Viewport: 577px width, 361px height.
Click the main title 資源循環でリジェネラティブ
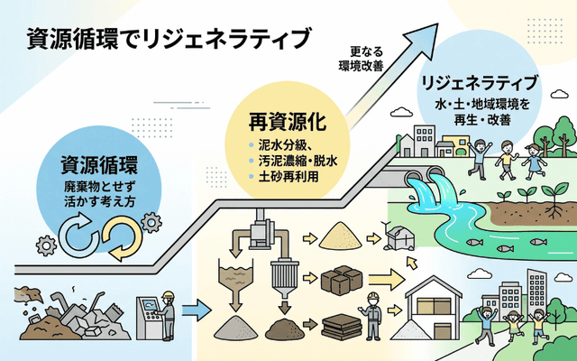(169, 39)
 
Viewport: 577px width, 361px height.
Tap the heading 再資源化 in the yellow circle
(287, 123)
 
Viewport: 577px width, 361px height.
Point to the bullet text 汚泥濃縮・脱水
(298, 161)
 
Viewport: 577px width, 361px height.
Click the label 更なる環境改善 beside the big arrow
(361, 59)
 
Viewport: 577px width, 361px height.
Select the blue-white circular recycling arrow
(78, 236)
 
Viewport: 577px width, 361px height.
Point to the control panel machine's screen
(151, 305)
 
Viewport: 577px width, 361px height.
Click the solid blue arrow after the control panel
(197, 310)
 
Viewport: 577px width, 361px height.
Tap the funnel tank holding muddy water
(236, 276)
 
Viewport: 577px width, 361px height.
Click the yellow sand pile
(341, 236)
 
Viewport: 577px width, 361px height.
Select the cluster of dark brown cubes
(342, 281)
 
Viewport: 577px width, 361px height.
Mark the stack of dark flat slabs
(341, 327)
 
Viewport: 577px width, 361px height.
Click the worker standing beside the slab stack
(372, 316)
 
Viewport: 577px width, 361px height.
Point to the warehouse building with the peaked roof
(434, 308)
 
